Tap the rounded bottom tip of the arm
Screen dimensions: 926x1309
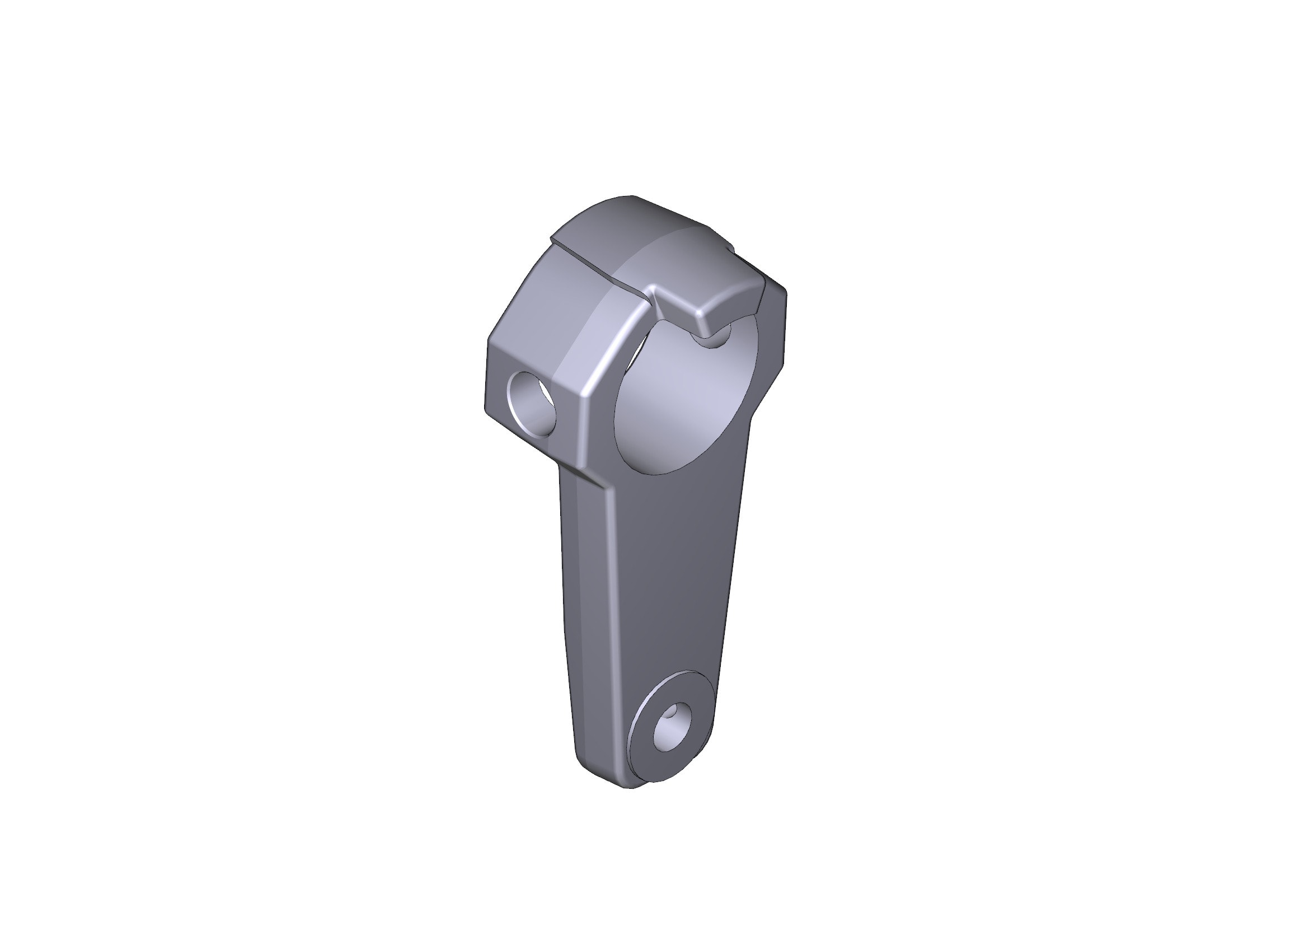pyautogui.click(x=627, y=784)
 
